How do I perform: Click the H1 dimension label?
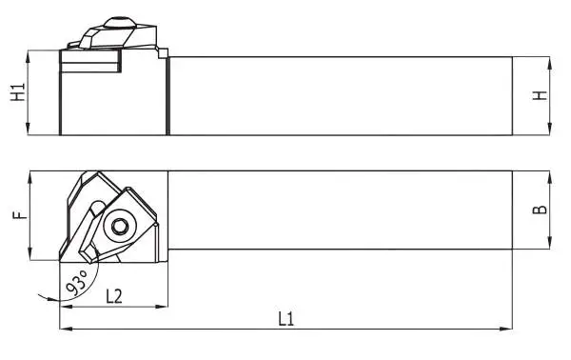16,92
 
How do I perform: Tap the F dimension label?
16,215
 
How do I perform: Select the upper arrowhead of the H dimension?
550,61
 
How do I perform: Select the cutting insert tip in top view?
62,258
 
